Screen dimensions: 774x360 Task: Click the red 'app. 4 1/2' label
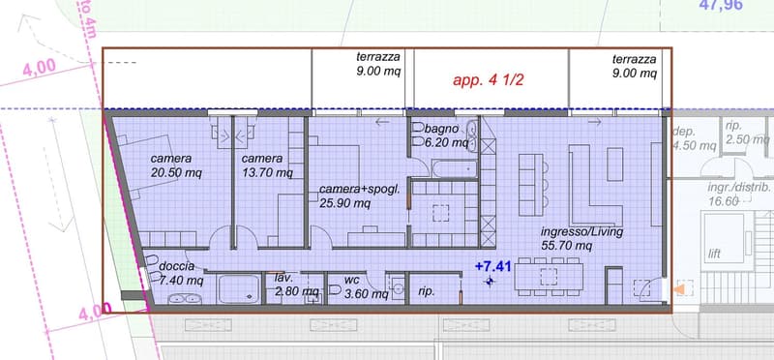pyautogui.click(x=489, y=80)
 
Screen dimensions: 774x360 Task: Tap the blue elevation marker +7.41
pyautogui.click(x=492, y=267)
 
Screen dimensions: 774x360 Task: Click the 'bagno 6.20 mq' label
pyautogui.click(x=446, y=135)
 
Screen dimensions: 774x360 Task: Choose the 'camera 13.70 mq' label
pyautogui.click(x=267, y=165)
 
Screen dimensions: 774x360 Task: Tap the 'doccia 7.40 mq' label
pyautogui.click(x=181, y=274)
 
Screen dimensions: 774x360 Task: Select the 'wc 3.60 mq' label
pyautogui.click(x=367, y=285)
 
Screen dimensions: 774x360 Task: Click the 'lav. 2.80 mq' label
pyautogui.click(x=296, y=285)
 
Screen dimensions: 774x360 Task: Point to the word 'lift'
pyautogui.click(x=714, y=254)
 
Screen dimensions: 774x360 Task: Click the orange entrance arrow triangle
pyautogui.click(x=680, y=289)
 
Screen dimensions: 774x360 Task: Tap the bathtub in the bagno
pyautogui.click(x=454, y=169)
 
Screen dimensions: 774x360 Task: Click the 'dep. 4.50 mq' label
pyautogui.click(x=694, y=138)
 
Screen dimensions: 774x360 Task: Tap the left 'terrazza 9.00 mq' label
pyautogui.click(x=378, y=64)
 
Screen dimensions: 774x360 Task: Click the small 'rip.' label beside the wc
pyautogui.click(x=426, y=291)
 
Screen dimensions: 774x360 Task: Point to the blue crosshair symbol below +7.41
pyautogui.click(x=490, y=282)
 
